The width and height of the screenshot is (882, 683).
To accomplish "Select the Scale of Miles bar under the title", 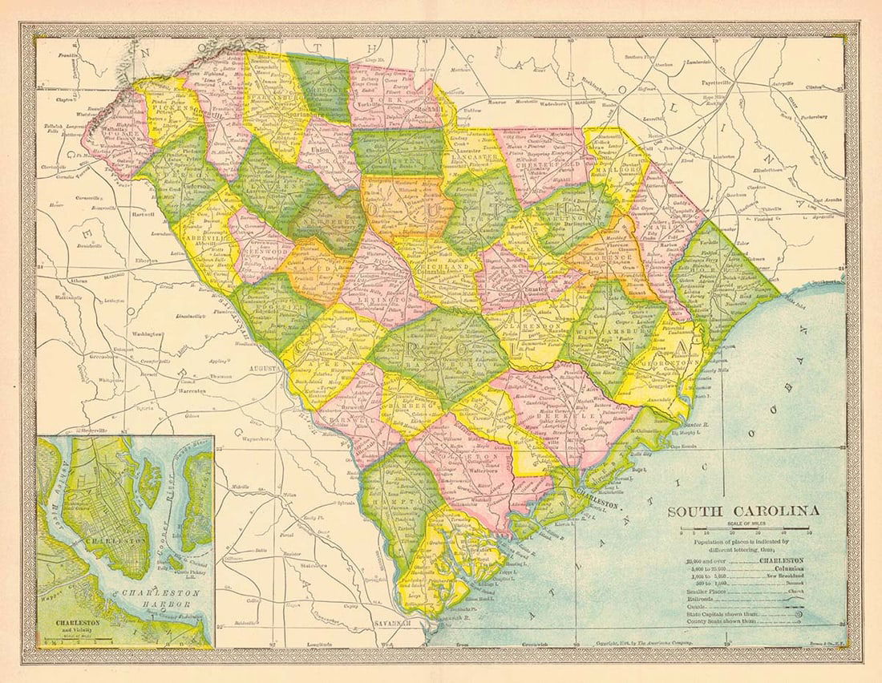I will pyautogui.click(x=746, y=530).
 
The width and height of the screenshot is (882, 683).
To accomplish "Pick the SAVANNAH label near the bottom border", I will pyautogui.click(x=393, y=624).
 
